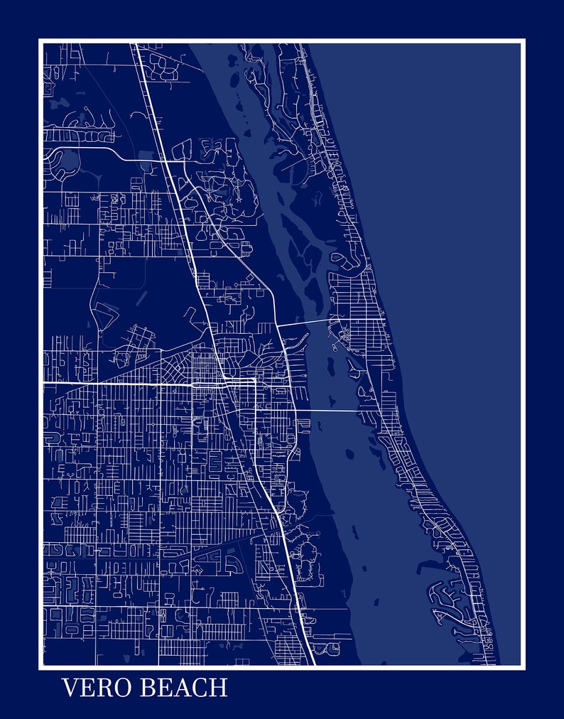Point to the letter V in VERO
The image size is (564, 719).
tap(70, 688)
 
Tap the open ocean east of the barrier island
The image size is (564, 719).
tap(455, 249)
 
